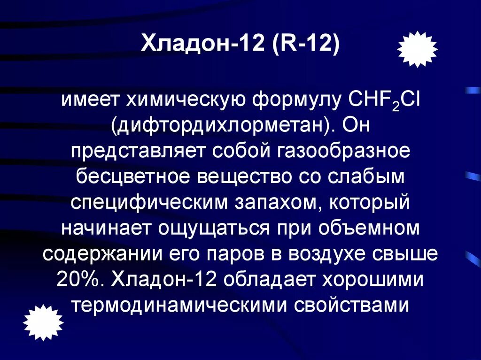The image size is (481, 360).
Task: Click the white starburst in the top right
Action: (417, 49)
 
